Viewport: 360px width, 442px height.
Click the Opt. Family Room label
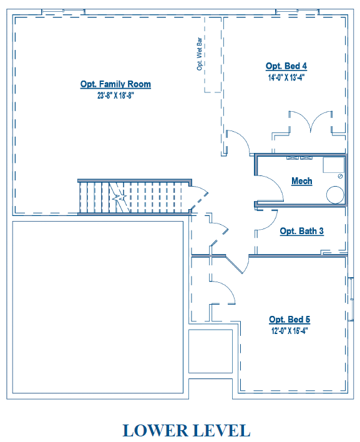pyautogui.click(x=115, y=84)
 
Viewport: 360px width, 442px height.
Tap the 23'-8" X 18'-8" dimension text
pyautogui.click(x=115, y=96)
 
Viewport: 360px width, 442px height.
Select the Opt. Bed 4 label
pyautogui.click(x=286, y=66)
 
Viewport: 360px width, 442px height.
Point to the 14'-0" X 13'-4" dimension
pyautogui.click(x=286, y=77)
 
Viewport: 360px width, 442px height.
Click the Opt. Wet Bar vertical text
pyautogui.click(x=200, y=54)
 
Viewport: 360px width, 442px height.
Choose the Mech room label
pyautogui.click(x=302, y=180)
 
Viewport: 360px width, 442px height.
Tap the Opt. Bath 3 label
pyautogui.click(x=302, y=231)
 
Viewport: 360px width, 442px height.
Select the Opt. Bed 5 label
pyautogui.click(x=289, y=320)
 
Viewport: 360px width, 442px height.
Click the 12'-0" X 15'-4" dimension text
pyautogui.click(x=289, y=331)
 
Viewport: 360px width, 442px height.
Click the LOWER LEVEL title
pyautogui.click(x=187, y=430)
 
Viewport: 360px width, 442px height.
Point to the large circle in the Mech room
pyautogui.click(x=335, y=195)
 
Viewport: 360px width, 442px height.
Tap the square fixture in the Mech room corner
pyautogui.click(x=334, y=165)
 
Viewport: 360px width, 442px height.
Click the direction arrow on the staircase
pyautogui.click(x=120, y=197)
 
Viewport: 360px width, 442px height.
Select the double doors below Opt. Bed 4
pyautogui.click(x=311, y=121)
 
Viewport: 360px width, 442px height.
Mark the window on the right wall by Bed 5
pyautogui.click(x=351, y=299)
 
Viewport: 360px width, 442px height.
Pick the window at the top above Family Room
pyautogui.click(x=64, y=12)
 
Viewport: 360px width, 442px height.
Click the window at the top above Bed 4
pyautogui.click(x=297, y=12)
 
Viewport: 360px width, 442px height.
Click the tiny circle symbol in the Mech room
pyautogui.click(x=340, y=176)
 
